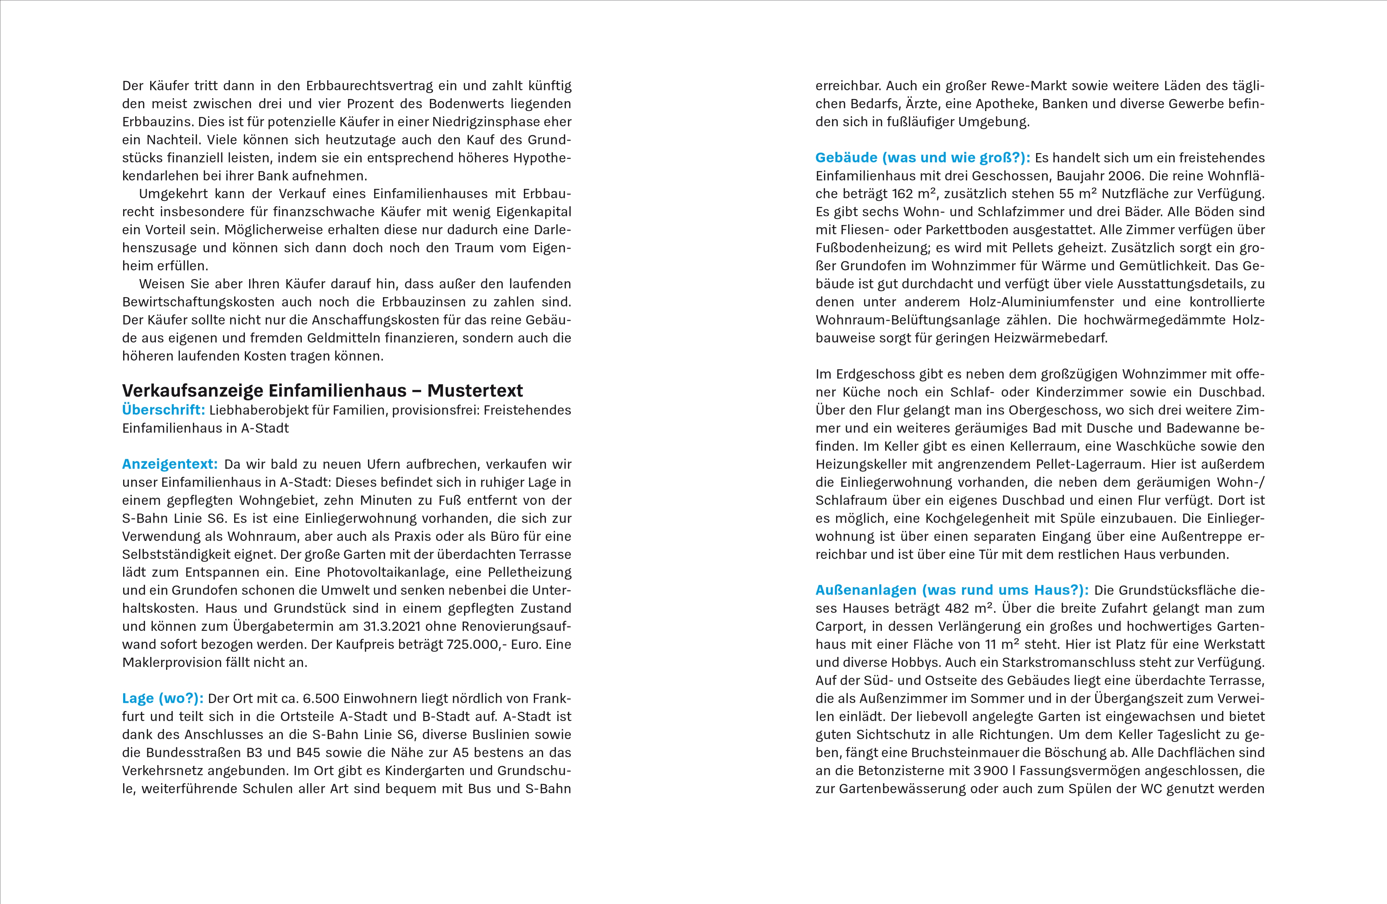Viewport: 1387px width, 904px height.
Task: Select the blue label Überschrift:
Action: (x=163, y=410)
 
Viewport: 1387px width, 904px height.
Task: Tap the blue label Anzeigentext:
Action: (x=169, y=465)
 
